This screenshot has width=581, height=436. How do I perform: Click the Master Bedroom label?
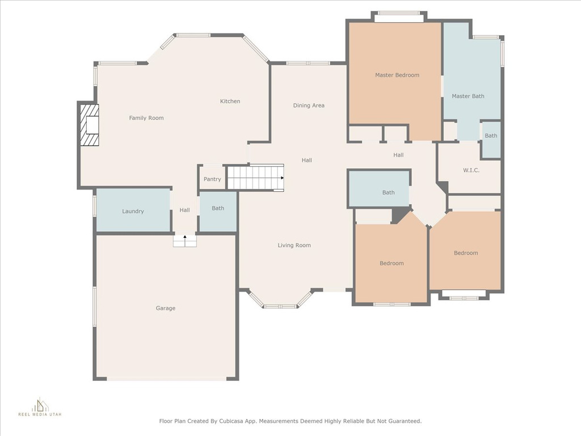tap(397, 75)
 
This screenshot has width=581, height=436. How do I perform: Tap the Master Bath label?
tap(468, 96)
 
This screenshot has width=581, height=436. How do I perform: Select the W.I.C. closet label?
tap(471, 170)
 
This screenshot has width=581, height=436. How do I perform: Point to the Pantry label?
tap(212, 179)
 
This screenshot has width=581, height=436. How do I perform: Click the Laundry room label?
tap(133, 211)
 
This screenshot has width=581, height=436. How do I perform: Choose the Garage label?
tap(165, 308)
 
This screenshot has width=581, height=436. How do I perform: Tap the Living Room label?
tap(294, 245)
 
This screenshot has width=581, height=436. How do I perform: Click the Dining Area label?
tap(309, 105)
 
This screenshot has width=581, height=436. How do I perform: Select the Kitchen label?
tap(230, 101)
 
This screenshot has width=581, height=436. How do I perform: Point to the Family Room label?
tap(146, 118)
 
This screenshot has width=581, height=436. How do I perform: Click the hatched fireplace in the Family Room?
tap(90, 125)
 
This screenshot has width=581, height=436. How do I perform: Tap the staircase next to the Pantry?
tap(255, 178)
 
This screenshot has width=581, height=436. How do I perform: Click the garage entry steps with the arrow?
tap(184, 241)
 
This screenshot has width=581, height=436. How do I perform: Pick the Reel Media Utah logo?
tap(40, 407)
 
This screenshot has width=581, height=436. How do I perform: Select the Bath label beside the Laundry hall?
tap(218, 208)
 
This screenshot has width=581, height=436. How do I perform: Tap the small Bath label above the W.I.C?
tap(491, 136)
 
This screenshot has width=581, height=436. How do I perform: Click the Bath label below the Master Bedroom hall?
tap(388, 192)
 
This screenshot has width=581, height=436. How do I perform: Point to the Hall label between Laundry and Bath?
tap(184, 210)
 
